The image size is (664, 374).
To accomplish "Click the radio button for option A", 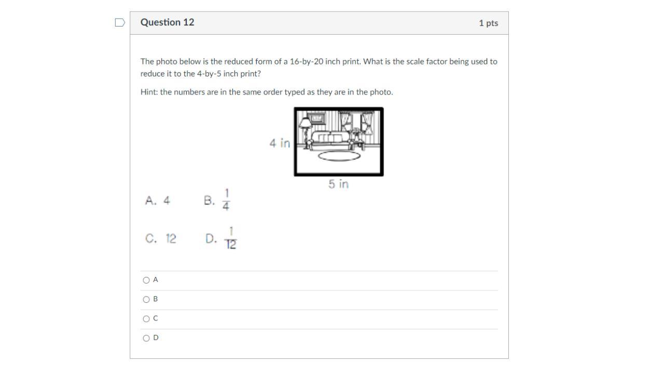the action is tap(146, 280).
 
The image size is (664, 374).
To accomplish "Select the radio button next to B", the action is tap(146, 300).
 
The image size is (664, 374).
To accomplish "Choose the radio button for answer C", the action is tap(146, 319).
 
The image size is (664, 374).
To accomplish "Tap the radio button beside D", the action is tap(146, 338).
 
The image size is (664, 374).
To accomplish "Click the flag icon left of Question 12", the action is tap(120, 22).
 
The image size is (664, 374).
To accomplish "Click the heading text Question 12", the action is tap(167, 22).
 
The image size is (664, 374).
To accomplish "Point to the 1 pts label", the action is tap(488, 23).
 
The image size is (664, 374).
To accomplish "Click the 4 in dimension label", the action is tap(280, 143).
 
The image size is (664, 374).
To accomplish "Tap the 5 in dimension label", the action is tap(338, 184).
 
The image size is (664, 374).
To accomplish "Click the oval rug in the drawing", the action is tap(339, 156).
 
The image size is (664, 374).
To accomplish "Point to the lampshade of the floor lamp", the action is tap(305, 123).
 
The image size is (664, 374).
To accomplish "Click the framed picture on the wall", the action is tap(316, 118).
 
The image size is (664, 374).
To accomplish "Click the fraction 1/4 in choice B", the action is tap(226, 199).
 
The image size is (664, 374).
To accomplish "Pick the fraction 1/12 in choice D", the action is tap(231, 238).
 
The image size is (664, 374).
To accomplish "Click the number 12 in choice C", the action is tap(171, 238).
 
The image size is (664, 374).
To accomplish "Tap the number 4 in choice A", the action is tap(167, 201).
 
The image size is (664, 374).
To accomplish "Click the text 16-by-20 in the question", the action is tap(307, 62).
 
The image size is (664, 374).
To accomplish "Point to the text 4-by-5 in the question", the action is tap(209, 74).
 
